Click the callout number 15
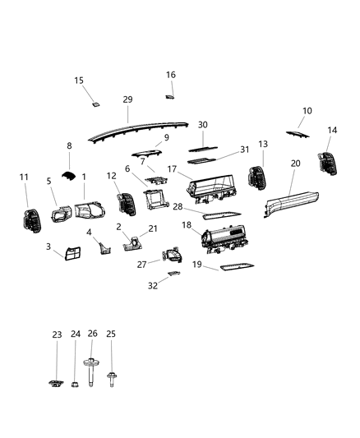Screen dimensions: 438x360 pyautogui.click(x=79, y=81)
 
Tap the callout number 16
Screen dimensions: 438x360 pyautogui.click(x=171, y=75)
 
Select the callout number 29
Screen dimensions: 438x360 pyautogui.click(x=127, y=99)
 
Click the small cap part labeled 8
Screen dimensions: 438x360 pyautogui.click(x=71, y=174)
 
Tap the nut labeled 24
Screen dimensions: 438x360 pyautogui.click(x=75, y=384)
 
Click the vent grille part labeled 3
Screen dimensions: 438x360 pyautogui.click(x=68, y=258)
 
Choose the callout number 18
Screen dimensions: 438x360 pyautogui.click(x=187, y=224)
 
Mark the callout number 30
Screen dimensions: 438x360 pyautogui.click(x=202, y=124)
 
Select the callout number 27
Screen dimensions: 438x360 pyautogui.click(x=141, y=264)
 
